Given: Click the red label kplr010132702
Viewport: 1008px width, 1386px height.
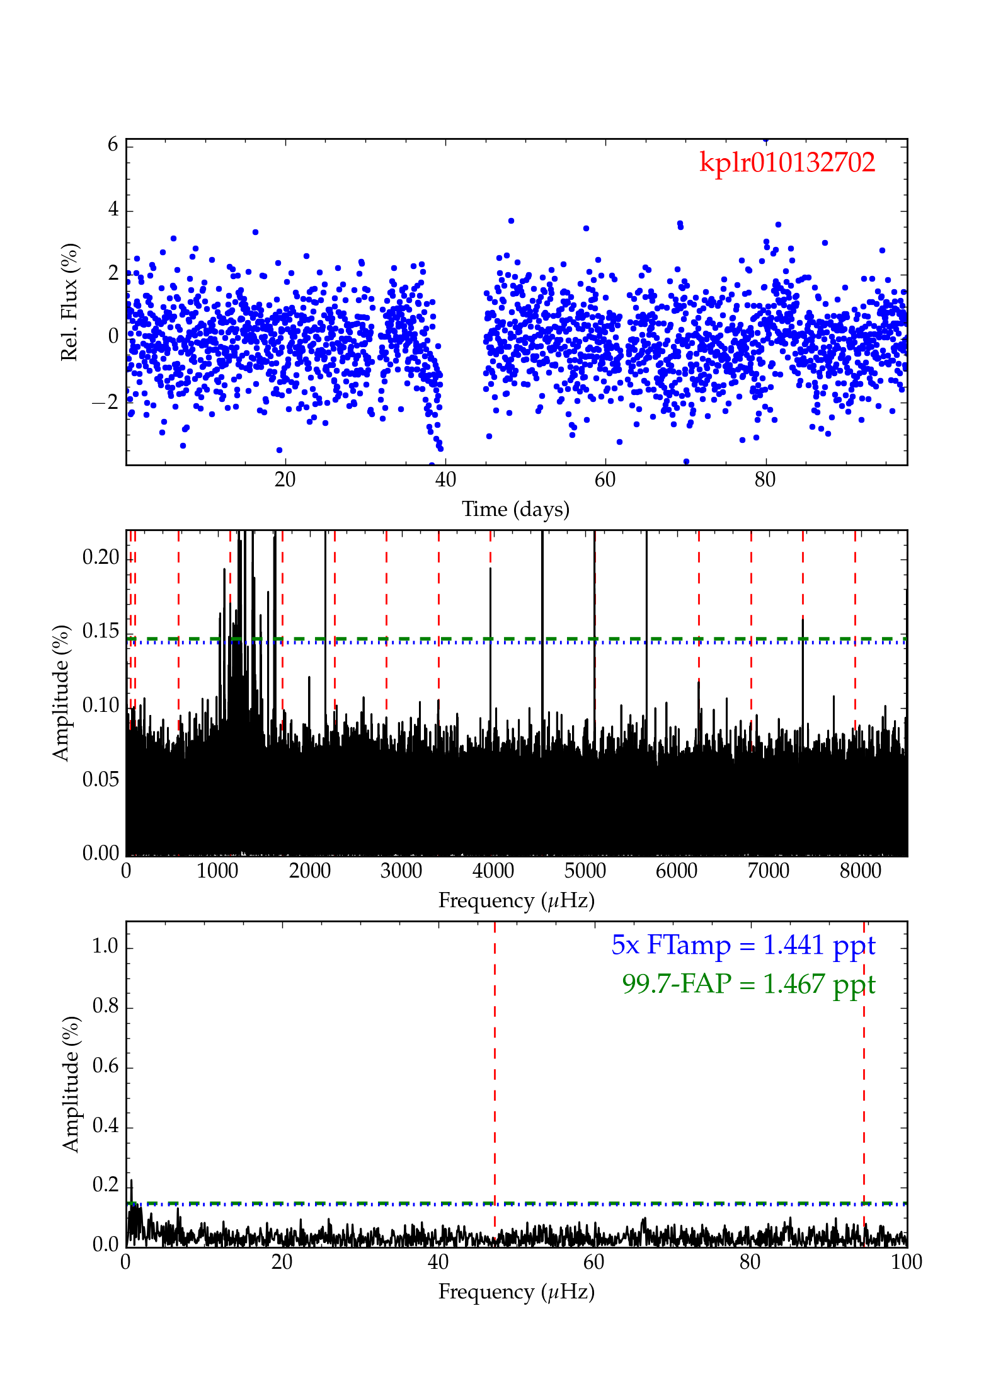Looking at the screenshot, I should [787, 163].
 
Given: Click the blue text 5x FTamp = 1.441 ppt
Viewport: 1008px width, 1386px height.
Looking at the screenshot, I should [743, 945].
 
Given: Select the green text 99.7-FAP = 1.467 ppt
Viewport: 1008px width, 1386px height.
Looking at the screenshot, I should [748, 983].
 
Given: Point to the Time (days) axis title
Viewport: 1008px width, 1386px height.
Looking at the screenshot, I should [515, 509].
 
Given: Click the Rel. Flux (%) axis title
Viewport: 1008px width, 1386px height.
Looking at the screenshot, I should [69, 302].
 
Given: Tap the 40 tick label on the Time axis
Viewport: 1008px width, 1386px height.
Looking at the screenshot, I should [445, 480].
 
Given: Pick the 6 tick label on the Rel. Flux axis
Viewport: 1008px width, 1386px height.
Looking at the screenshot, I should [113, 144].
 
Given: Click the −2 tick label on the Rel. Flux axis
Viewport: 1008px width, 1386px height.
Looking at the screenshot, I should [105, 401].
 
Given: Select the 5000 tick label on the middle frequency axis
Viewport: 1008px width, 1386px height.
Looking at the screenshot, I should [585, 871].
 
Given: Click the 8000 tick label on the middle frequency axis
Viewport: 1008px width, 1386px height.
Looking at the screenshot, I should [861, 871].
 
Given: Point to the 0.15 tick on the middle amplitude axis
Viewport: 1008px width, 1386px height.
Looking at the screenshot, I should [101, 631].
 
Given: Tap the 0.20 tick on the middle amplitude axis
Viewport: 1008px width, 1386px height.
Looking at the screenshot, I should [101, 557].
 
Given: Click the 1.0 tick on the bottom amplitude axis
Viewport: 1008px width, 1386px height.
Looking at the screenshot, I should [105, 946].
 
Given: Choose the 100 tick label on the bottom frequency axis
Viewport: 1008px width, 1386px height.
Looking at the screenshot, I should [907, 1262].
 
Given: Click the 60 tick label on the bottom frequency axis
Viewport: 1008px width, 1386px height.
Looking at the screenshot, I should [593, 1262].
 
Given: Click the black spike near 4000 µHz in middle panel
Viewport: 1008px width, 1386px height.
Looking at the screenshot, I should [491, 630].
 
